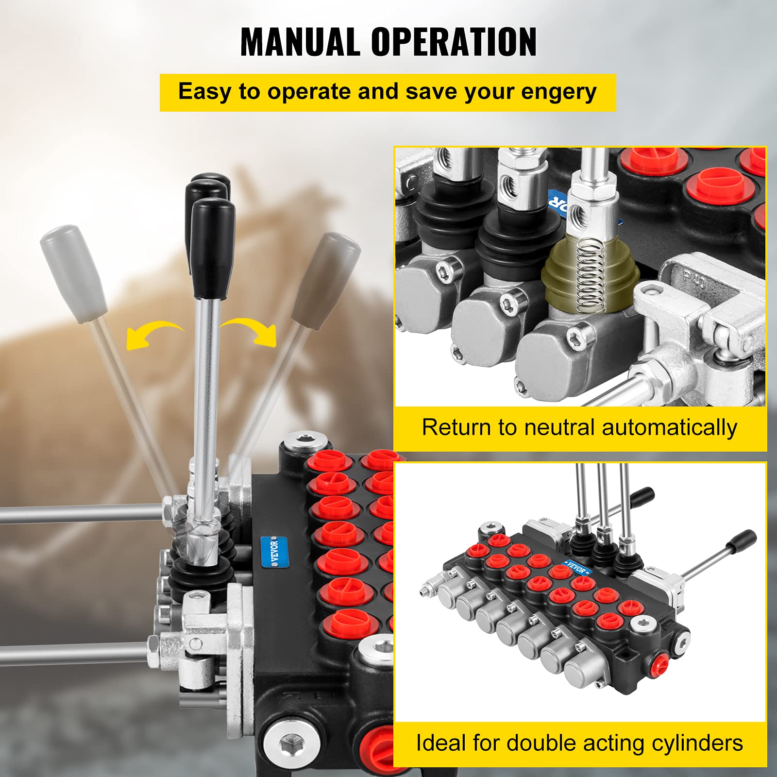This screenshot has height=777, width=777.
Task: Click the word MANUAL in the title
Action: (x=300, y=42)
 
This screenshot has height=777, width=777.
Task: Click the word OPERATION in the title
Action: (x=454, y=42)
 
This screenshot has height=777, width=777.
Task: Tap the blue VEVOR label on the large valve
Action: (x=275, y=551)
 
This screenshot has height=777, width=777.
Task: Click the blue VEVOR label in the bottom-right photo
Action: (x=576, y=568)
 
